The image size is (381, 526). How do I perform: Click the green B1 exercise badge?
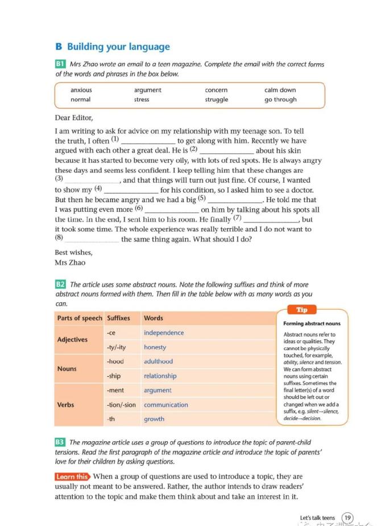(60, 64)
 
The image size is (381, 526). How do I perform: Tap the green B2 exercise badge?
(60, 284)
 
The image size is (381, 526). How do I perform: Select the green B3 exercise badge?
(60, 442)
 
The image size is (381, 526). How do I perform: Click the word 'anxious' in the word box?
(81, 90)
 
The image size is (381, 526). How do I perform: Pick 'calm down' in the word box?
(280, 90)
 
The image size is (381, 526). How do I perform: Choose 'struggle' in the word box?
(217, 100)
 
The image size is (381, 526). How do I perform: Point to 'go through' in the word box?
(280, 100)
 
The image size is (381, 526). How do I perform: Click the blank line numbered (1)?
(148, 142)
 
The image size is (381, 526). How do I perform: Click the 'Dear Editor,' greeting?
(74, 118)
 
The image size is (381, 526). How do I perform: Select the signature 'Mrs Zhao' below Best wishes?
(70, 262)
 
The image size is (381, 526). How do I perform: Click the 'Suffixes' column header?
(118, 318)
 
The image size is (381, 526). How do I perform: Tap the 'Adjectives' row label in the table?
(73, 340)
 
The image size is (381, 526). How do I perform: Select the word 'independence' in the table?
(164, 332)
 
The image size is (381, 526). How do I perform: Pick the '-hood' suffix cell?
(115, 361)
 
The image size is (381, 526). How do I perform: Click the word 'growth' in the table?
(154, 419)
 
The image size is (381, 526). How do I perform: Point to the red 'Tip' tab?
(302, 310)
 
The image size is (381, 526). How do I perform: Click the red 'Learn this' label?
(72, 476)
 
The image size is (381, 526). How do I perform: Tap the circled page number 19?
(347, 517)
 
